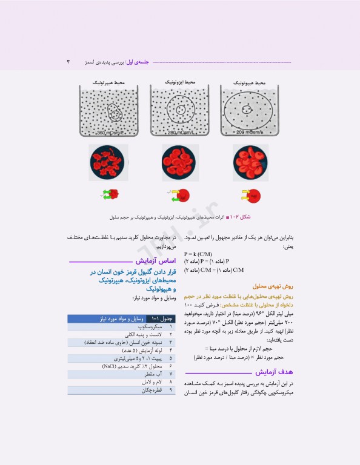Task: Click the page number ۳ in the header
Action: (x=68, y=62)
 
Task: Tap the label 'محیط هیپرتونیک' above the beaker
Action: (x=109, y=81)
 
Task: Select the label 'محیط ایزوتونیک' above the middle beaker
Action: (x=179, y=81)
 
